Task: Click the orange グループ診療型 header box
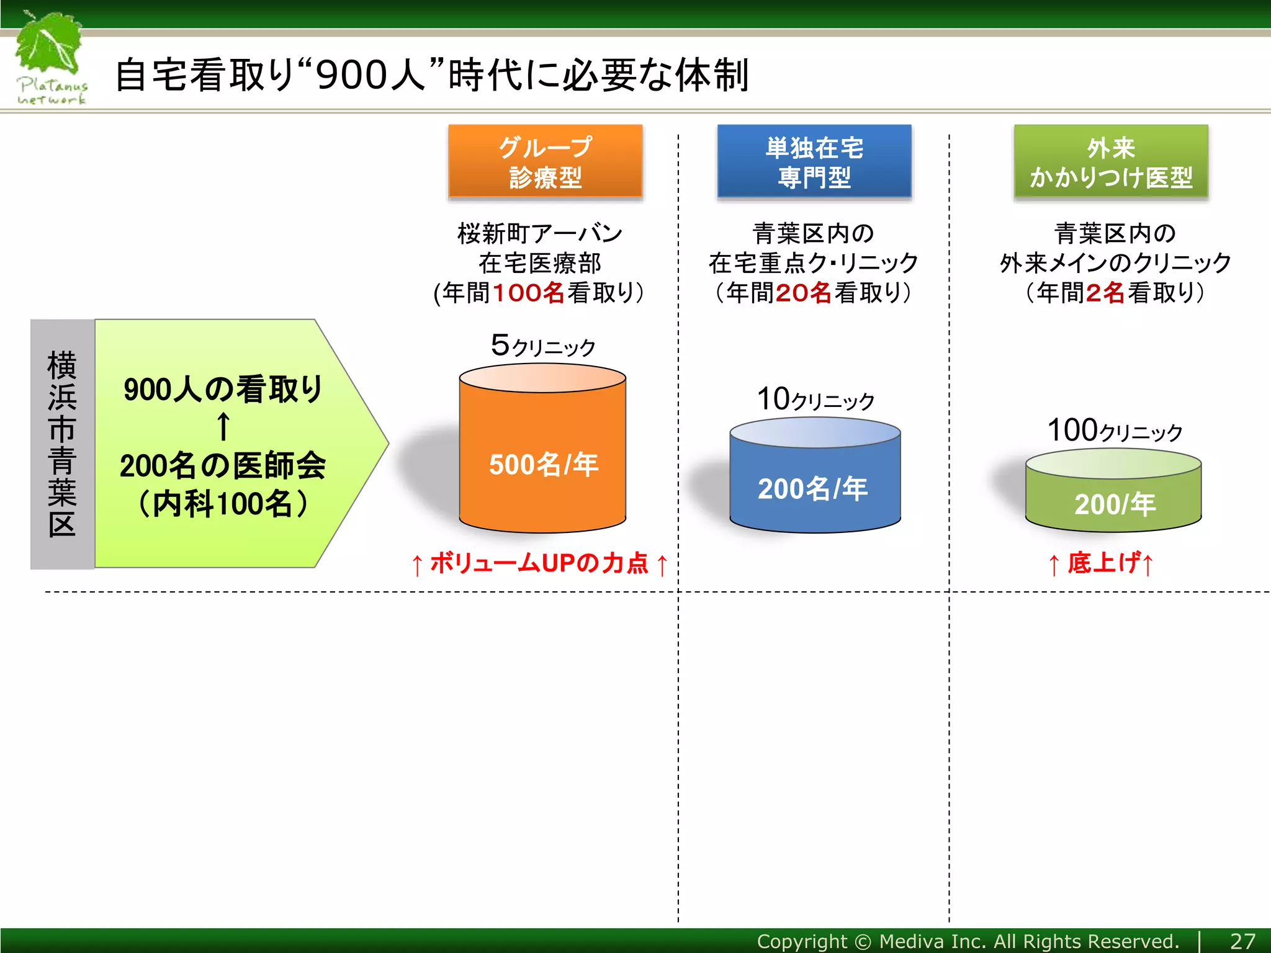coord(545,162)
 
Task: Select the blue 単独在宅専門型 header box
coord(814,162)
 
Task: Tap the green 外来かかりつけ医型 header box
coord(1110,162)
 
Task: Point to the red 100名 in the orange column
coord(528,293)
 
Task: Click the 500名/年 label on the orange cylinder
coord(543,465)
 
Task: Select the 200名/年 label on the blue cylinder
coord(812,489)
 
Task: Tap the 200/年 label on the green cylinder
coord(1114,504)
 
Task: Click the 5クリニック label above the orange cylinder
coord(542,346)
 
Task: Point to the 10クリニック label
coord(815,400)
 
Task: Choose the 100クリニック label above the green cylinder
coord(1114,431)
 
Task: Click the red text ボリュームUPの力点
coord(539,563)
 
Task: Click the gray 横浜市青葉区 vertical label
coord(62,444)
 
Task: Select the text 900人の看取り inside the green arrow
coord(223,390)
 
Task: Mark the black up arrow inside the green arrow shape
coord(223,427)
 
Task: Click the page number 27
coord(1242,941)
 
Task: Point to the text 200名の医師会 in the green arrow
coord(223,466)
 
